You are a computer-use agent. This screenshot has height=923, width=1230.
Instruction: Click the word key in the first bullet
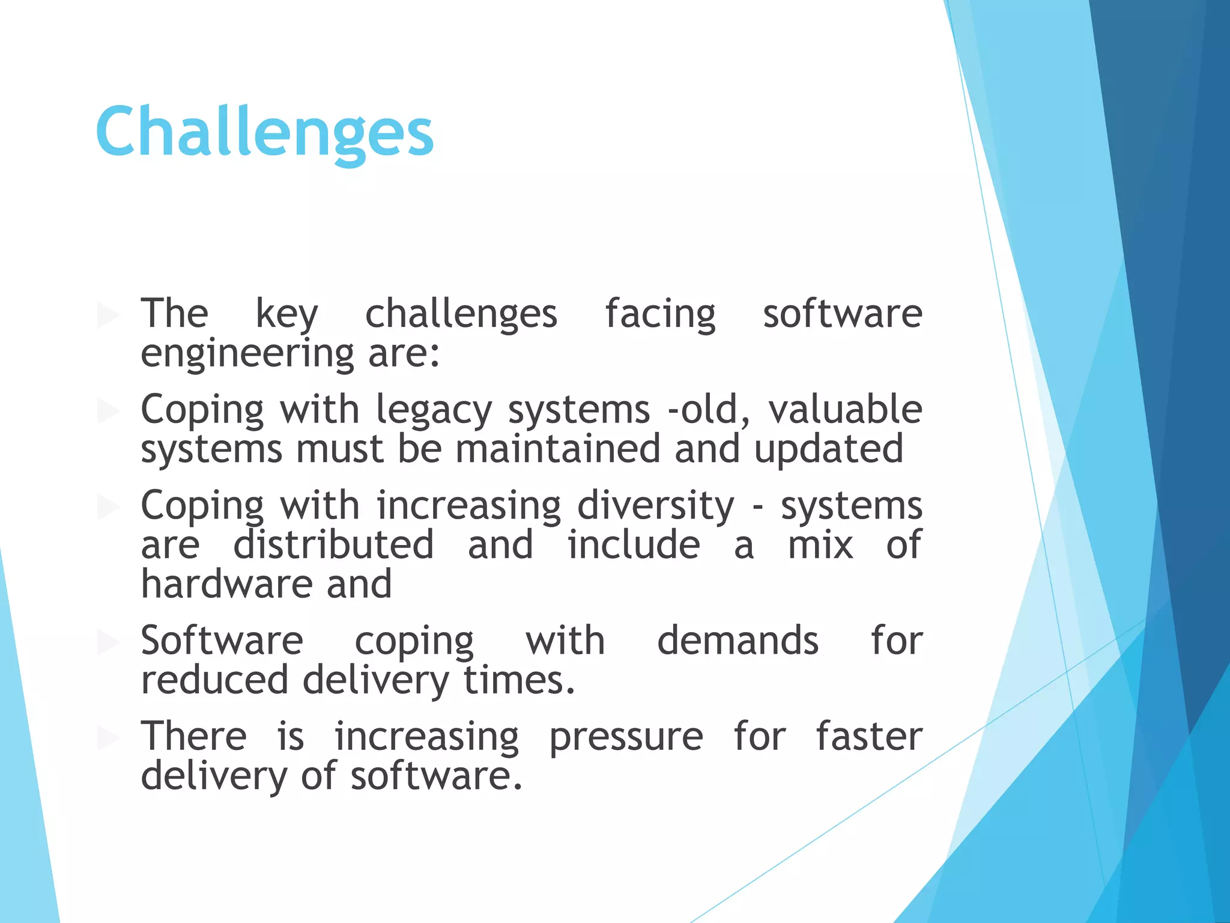[x=287, y=314]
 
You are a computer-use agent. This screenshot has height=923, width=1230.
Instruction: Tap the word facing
[x=660, y=314]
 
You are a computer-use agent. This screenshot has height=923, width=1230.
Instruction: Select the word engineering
[x=247, y=354]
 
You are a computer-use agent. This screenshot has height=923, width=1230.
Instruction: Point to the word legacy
[x=434, y=410]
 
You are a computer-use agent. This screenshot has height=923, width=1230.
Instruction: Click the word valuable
[x=845, y=409]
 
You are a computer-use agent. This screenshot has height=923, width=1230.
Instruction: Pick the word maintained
[x=558, y=449]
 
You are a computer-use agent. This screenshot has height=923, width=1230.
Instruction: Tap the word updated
[x=828, y=449]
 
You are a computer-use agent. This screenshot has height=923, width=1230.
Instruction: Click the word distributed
[x=333, y=544]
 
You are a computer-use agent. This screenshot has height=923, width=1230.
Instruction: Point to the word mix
[x=820, y=544]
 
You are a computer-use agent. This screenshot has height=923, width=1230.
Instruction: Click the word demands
[x=738, y=640]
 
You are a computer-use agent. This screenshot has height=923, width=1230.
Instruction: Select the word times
[x=519, y=680]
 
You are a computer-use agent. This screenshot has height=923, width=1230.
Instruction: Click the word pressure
[x=626, y=737]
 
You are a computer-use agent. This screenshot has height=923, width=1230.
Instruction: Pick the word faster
[x=868, y=736]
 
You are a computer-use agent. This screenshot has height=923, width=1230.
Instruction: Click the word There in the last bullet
[x=193, y=736]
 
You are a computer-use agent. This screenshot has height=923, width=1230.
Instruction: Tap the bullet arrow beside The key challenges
[x=108, y=315]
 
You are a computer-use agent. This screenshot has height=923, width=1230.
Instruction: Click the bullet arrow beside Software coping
[x=108, y=642]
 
